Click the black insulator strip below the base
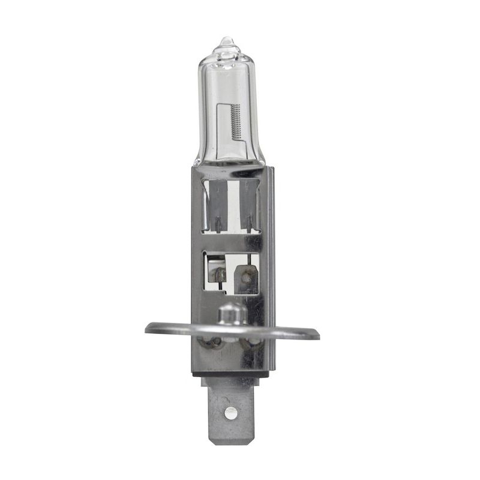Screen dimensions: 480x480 click(x=230, y=373)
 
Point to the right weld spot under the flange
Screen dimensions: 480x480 click(x=251, y=344)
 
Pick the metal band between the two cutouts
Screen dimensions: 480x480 click(x=231, y=241)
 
